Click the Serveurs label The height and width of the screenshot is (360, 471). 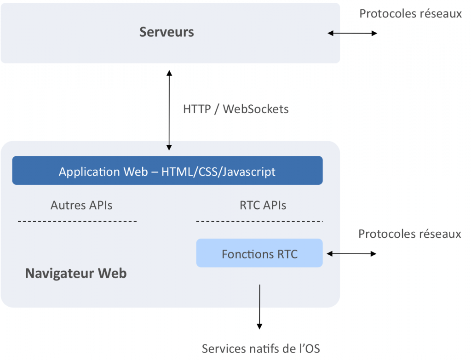167,32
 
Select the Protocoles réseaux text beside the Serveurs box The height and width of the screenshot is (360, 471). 410,14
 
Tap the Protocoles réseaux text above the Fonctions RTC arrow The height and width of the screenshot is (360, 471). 409,234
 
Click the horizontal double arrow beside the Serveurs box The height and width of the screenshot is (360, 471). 352,33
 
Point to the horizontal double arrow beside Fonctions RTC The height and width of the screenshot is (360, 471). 351,253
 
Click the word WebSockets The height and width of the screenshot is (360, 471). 256,109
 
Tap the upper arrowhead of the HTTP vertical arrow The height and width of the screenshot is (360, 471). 169,73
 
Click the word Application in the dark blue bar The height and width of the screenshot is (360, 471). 89,171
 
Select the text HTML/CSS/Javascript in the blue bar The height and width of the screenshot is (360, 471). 218,171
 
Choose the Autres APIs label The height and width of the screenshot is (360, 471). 81,205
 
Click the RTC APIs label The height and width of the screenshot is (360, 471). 263,205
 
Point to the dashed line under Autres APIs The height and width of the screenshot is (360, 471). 77,222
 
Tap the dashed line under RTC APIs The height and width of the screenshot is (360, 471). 259,222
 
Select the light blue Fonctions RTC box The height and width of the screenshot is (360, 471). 259,253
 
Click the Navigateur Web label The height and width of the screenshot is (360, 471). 76,274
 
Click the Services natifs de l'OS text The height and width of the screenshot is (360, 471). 261,349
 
